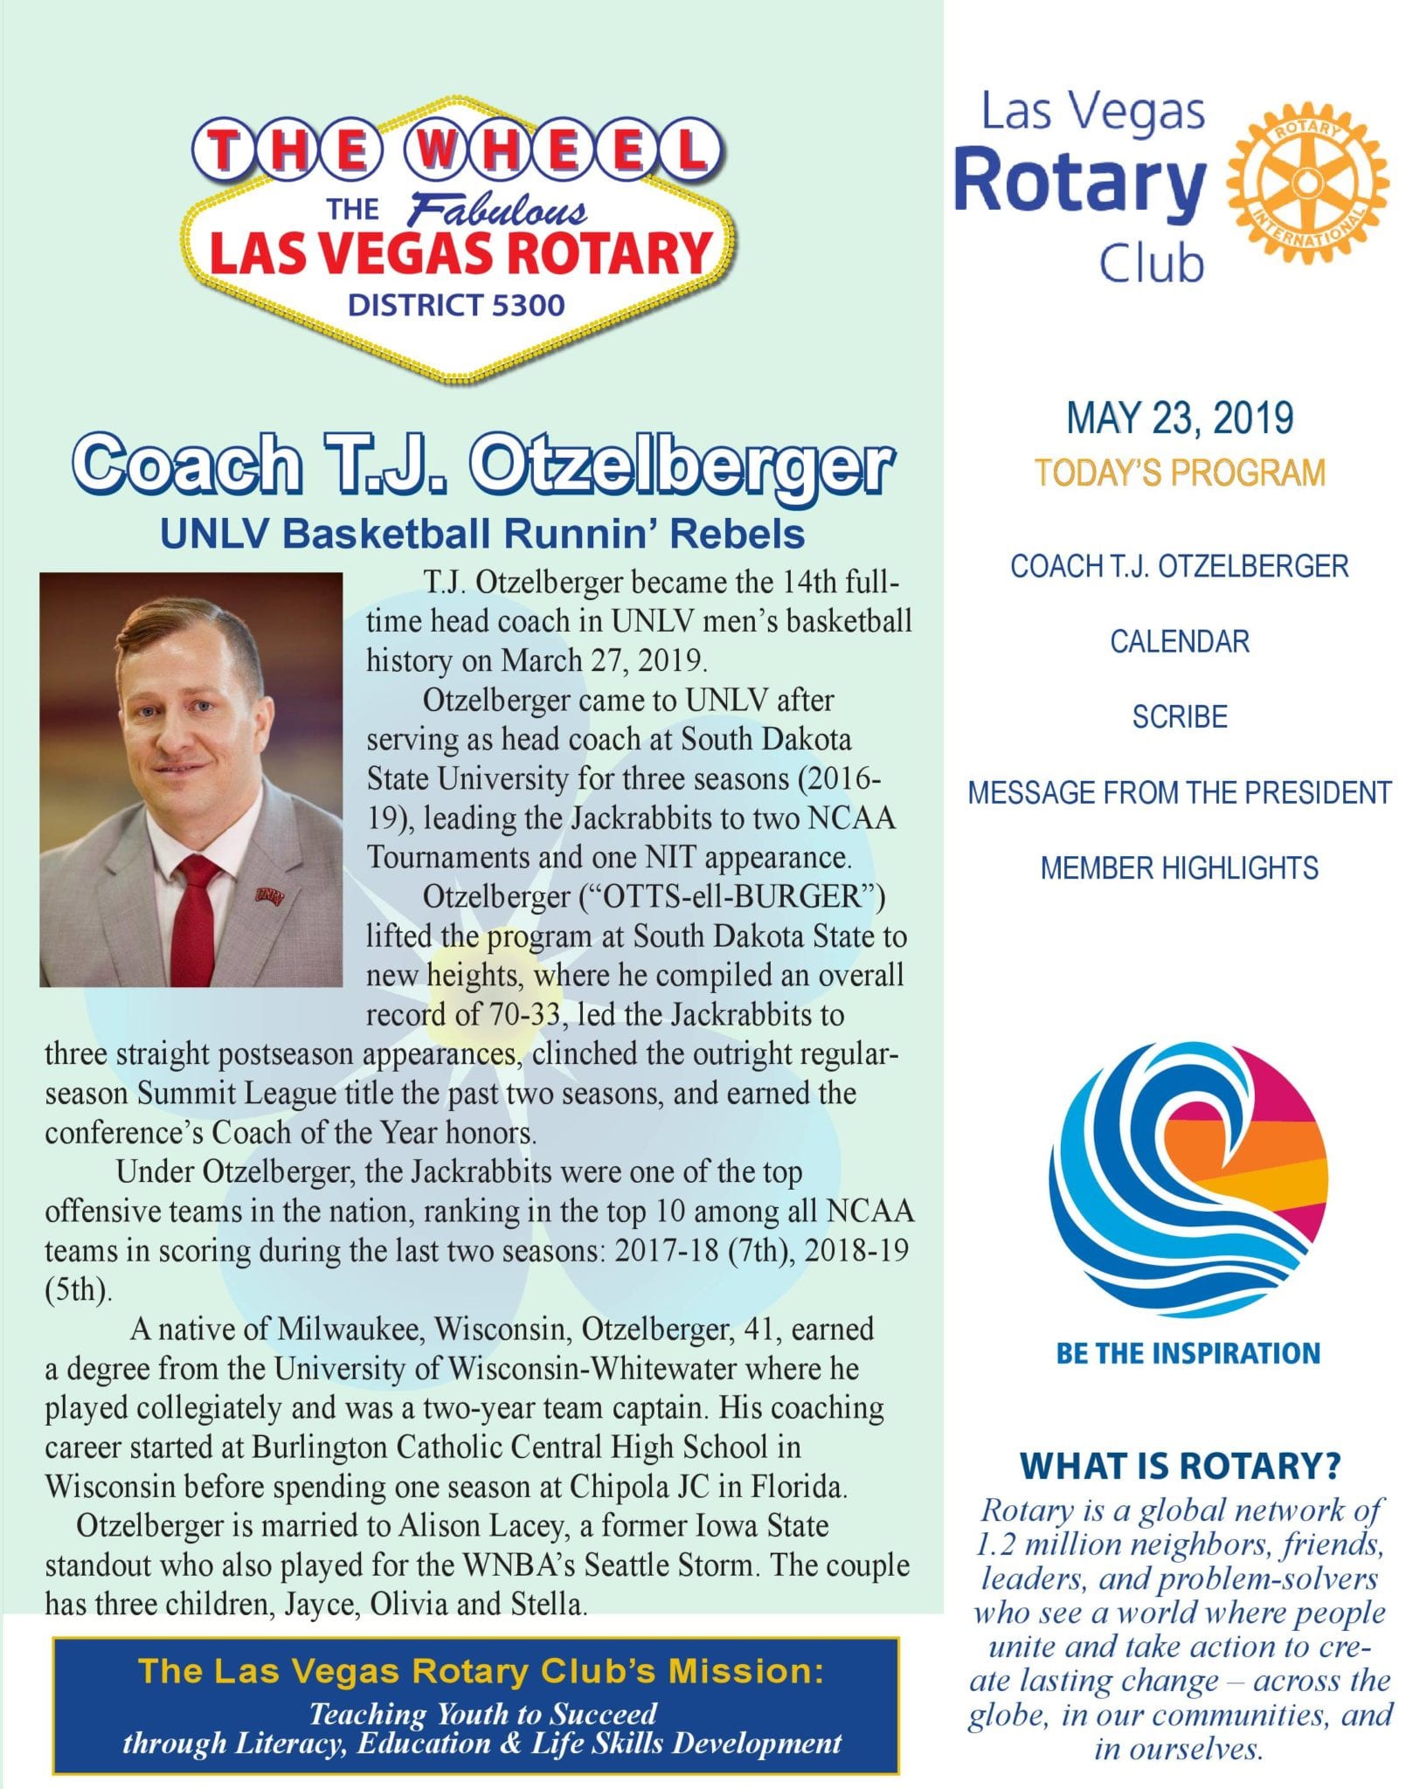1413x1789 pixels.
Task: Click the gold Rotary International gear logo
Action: click(x=1306, y=183)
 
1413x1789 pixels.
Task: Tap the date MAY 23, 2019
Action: click(x=1179, y=418)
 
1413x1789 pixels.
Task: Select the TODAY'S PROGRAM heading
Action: click(x=1180, y=473)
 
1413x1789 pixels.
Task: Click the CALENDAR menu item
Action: click(x=1180, y=642)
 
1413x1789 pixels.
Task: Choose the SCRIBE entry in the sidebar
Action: click(x=1180, y=717)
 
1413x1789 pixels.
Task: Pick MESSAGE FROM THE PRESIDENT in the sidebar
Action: click(x=1180, y=792)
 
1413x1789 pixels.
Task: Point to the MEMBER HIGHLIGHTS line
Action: click(x=1180, y=868)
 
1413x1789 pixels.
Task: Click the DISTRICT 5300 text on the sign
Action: click(x=456, y=306)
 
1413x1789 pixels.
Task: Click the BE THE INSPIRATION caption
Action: click(x=1188, y=1354)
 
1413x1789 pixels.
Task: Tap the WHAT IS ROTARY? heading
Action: click(x=1180, y=1467)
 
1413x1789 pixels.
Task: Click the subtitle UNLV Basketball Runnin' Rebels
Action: click(x=482, y=534)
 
